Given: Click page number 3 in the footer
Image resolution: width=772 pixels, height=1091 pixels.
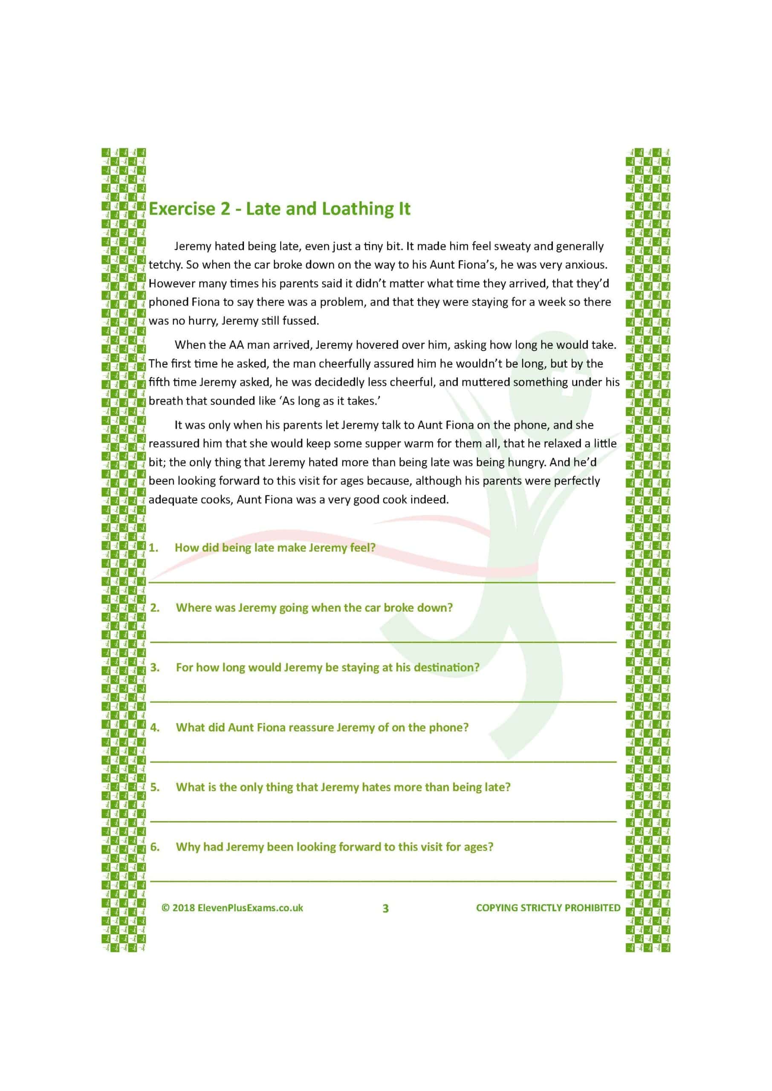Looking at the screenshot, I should (x=385, y=908).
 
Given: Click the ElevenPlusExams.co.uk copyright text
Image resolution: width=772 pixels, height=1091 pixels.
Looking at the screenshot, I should (x=237, y=908).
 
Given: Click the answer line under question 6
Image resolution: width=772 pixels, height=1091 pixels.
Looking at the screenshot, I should (x=383, y=880).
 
